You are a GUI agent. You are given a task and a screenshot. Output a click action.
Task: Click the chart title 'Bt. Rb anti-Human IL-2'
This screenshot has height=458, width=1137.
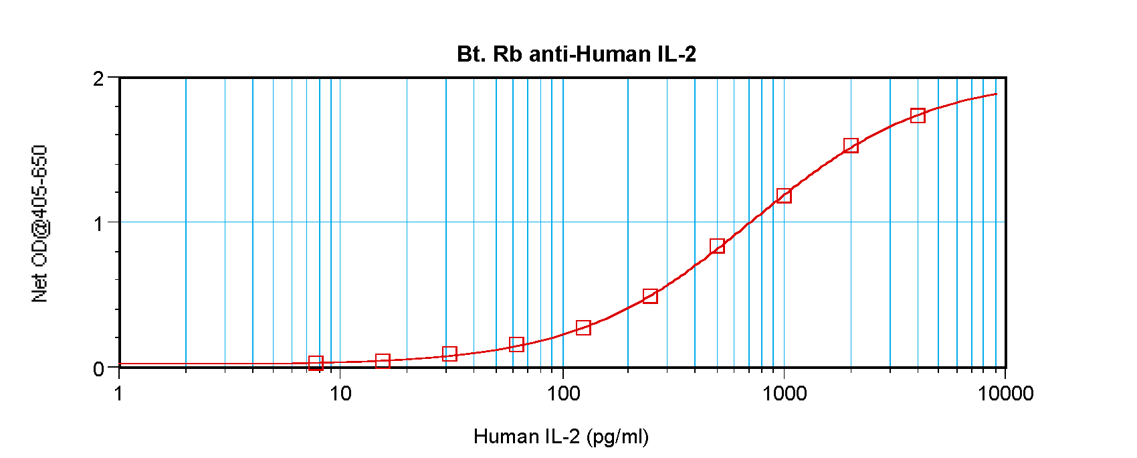577,54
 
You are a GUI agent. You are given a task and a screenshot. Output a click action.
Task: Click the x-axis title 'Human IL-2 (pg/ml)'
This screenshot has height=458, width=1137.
560,437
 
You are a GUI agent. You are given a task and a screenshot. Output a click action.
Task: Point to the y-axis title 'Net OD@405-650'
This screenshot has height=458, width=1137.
40,224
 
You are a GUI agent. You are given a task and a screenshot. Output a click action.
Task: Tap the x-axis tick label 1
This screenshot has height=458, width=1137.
119,393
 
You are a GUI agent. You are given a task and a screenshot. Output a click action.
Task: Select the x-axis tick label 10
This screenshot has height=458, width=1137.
340,393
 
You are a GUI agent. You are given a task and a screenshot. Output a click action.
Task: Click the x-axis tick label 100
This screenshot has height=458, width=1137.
563,393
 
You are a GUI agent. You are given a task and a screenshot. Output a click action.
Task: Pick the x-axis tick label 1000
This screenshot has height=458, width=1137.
785,393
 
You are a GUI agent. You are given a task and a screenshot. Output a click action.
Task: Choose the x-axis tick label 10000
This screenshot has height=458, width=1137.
1005,393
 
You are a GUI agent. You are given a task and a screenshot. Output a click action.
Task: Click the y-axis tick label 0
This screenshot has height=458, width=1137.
99,369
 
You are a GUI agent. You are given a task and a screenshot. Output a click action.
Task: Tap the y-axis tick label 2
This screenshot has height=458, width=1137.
99,79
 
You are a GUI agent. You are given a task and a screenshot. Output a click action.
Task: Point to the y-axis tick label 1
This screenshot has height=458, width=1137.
99,224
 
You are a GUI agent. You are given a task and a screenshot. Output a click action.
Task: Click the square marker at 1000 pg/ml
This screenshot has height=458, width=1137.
784,196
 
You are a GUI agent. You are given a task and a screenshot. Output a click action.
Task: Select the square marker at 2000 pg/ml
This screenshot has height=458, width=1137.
851,145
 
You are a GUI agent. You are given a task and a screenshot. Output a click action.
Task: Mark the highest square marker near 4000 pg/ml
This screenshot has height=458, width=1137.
918,116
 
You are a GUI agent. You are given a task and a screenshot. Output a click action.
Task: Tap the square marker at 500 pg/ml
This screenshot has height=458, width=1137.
717,246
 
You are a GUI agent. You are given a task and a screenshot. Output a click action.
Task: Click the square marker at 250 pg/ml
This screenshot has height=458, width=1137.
650,296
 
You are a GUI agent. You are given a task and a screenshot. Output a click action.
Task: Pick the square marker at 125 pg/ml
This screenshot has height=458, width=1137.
583,327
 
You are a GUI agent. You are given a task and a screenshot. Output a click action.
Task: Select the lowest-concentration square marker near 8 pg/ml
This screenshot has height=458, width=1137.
316,363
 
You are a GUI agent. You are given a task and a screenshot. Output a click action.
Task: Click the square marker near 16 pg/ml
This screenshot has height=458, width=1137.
383,361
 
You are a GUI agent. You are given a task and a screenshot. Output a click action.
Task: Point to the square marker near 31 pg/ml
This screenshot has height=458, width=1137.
449,354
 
